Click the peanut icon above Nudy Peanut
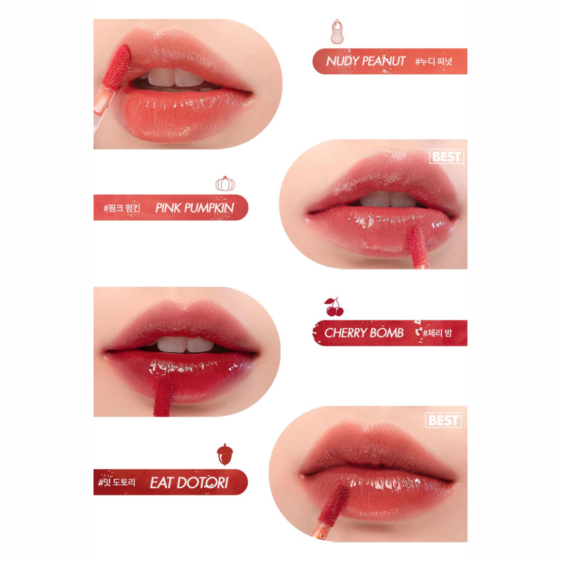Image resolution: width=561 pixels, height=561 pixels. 337,32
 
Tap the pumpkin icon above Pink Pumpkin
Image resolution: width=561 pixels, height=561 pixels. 225,183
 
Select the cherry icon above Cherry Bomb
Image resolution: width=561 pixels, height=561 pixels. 334,307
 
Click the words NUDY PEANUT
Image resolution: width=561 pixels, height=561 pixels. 366,61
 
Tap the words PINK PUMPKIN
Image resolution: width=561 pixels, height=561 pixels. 195,208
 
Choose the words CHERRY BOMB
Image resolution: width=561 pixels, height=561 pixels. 364,333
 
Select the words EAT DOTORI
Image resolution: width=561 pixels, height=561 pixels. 189,483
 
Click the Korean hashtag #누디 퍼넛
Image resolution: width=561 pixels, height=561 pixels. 434,61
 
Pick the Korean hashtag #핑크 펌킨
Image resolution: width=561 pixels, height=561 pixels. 122,208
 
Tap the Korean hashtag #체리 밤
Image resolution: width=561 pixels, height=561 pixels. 437,333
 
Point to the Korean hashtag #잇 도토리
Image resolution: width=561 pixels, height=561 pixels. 117,482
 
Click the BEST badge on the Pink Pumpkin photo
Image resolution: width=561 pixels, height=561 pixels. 447,157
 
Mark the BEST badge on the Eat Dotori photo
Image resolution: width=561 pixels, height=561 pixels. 443,420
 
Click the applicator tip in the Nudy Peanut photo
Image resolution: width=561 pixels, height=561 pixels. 117,67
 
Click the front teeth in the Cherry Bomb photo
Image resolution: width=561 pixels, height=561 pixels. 185,344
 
